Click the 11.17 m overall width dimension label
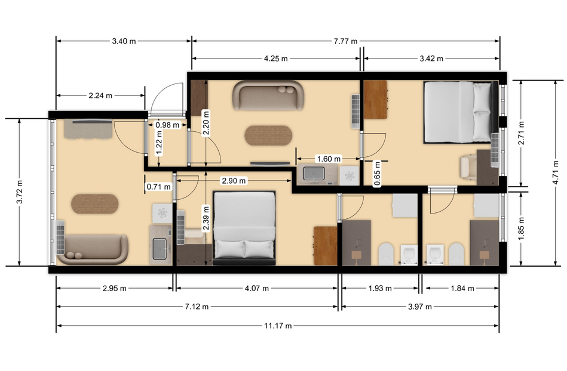click(278, 326)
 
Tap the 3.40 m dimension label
click(124, 41)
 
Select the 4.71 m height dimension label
click(556, 172)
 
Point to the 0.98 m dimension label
click(167, 125)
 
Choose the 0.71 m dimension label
click(158, 187)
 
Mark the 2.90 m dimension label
click(234, 181)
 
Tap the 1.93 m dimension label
click(380, 288)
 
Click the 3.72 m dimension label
click(20, 191)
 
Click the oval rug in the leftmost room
click(95, 204)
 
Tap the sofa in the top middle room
click(268, 95)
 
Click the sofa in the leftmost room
click(93, 249)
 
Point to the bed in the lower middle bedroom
click(244, 228)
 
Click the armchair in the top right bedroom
click(468, 166)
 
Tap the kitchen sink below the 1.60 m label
click(314, 174)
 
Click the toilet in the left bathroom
click(387, 254)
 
